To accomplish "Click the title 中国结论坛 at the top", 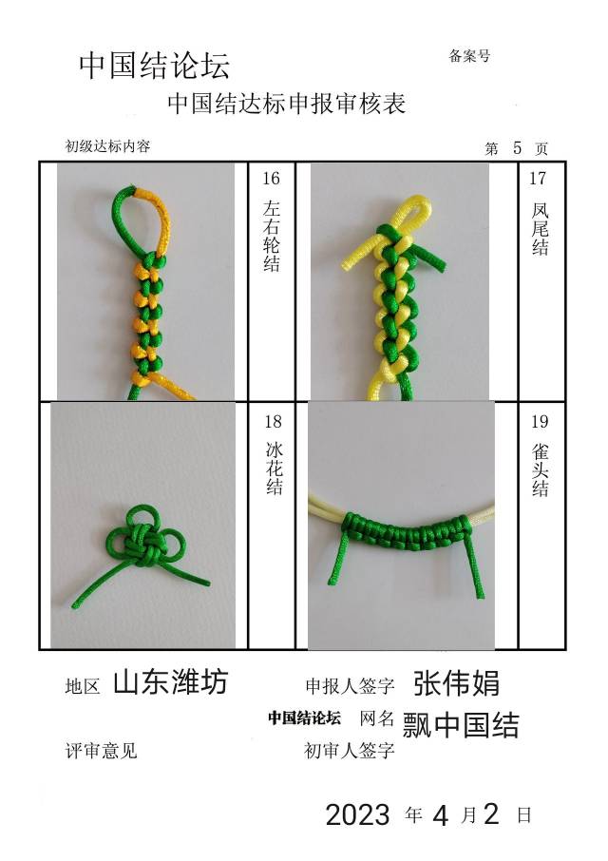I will [154, 66].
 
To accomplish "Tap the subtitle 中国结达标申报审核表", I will [286, 104].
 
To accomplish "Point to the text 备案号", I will [469, 56].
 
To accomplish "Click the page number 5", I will [517, 147].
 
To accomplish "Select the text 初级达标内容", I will [107, 146].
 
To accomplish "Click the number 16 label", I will [271, 179].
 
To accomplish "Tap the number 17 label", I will [538, 179].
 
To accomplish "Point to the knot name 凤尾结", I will [540, 228].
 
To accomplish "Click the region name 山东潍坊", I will [170, 681].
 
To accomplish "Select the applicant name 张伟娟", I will [457, 681].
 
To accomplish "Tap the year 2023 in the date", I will [357, 814].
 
